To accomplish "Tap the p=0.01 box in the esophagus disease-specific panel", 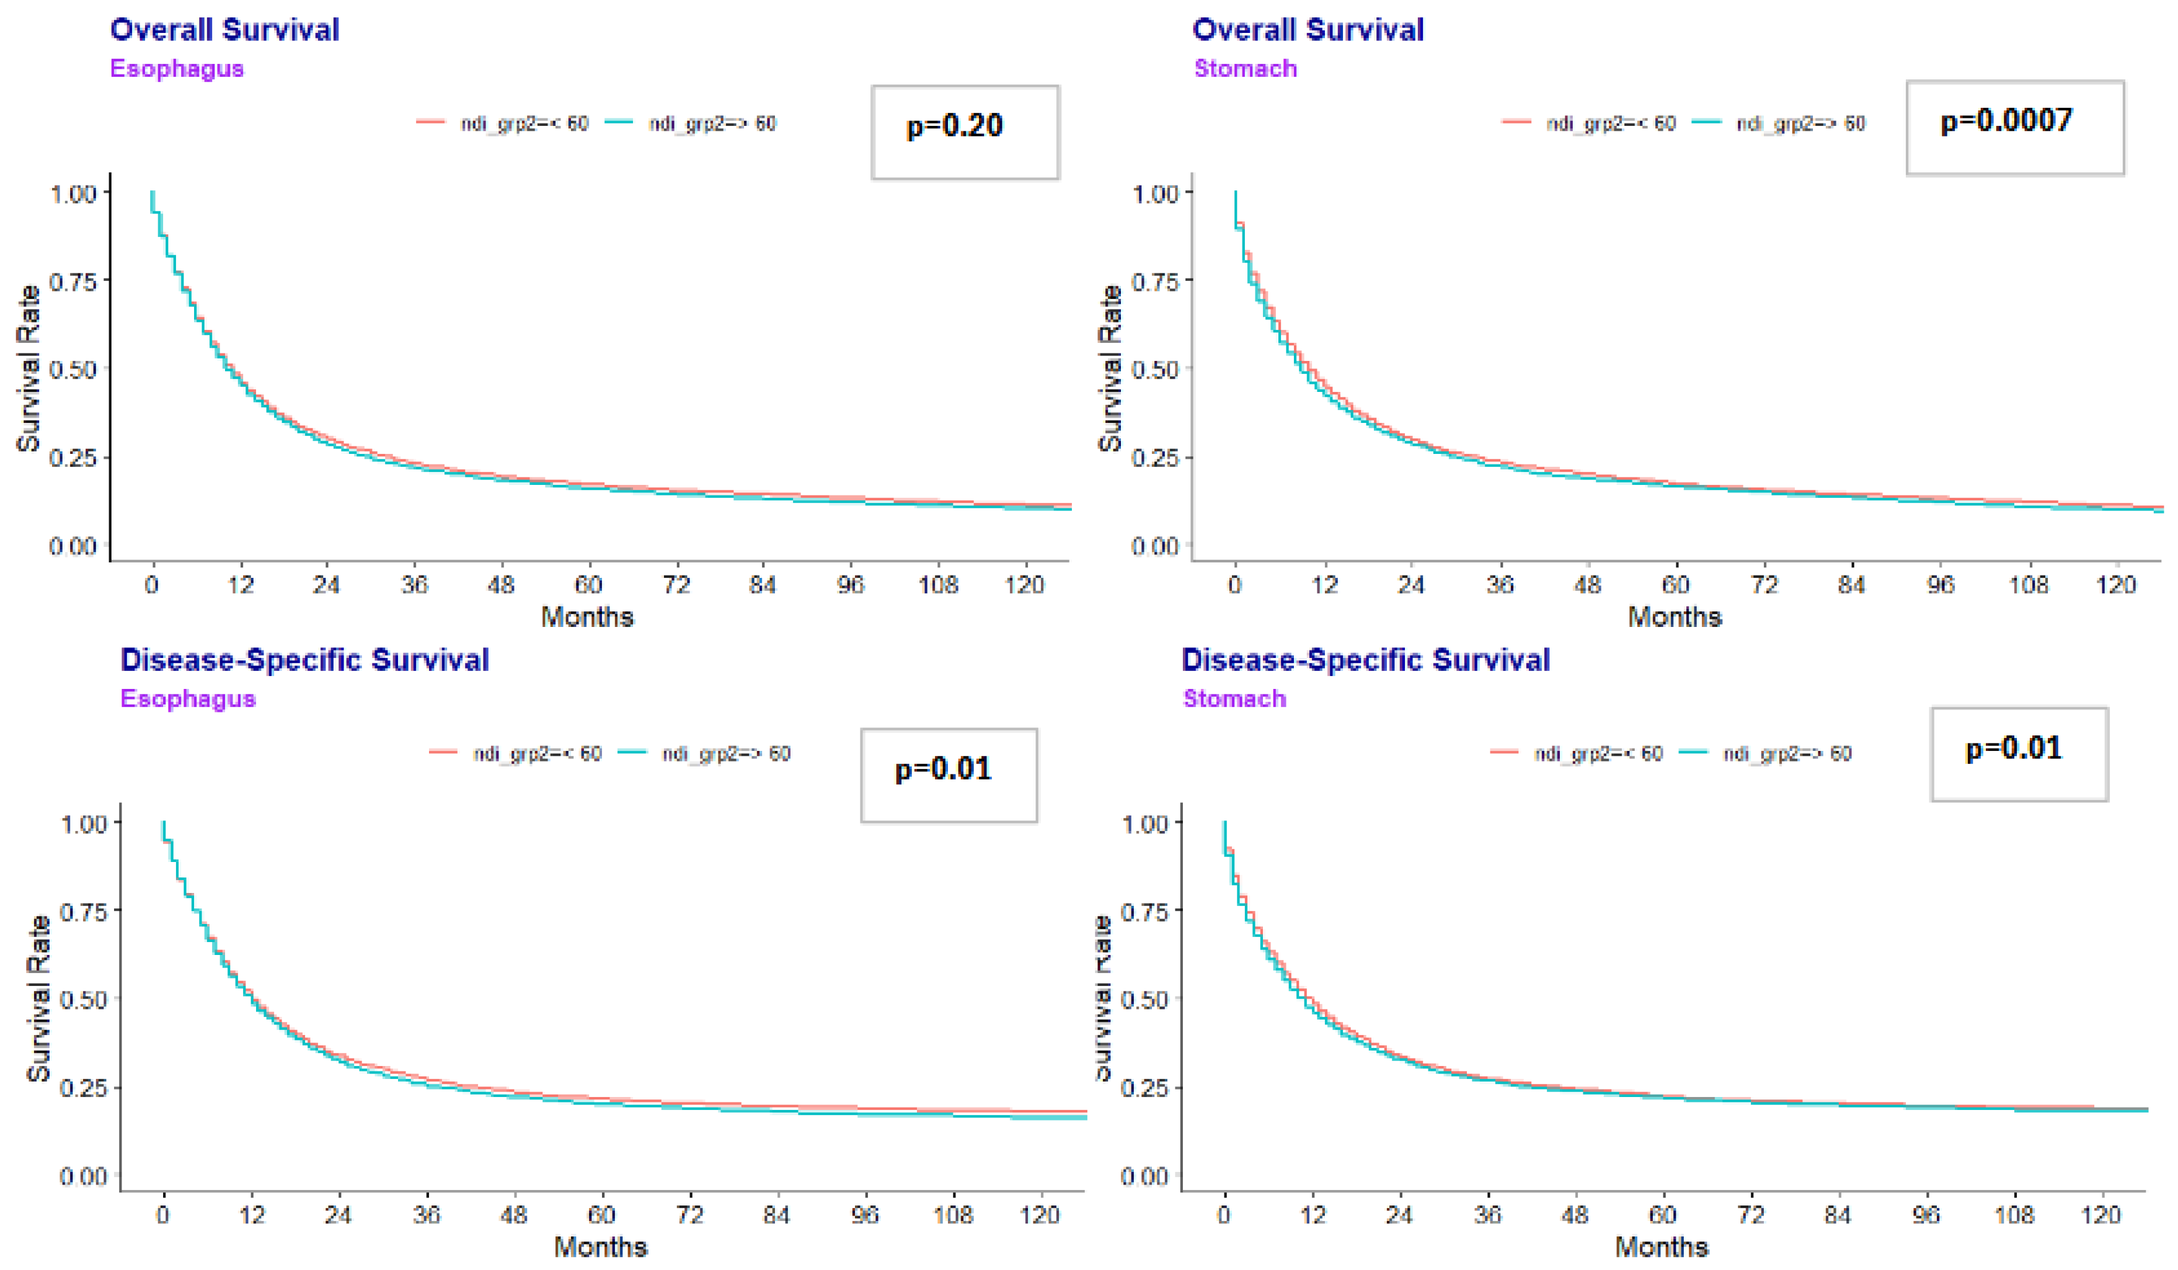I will click(x=948, y=774).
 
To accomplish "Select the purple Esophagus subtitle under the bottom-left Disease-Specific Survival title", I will click(x=188, y=698).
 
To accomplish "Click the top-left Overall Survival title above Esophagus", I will click(x=224, y=29).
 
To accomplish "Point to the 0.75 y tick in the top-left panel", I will click(x=72, y=282).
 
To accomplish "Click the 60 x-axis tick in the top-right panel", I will click(x=1675, y=585).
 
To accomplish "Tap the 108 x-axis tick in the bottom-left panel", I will click(x=952, y=1215).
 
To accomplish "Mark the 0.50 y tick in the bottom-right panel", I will click(x=1143, y=1000).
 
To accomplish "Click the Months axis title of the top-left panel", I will click(x=587, y=617).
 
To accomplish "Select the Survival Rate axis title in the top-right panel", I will click(x=1110, y=368).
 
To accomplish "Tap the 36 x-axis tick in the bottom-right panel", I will click(x=1487, y=1215).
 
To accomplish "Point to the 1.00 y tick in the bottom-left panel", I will click(x=83, y=824).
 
